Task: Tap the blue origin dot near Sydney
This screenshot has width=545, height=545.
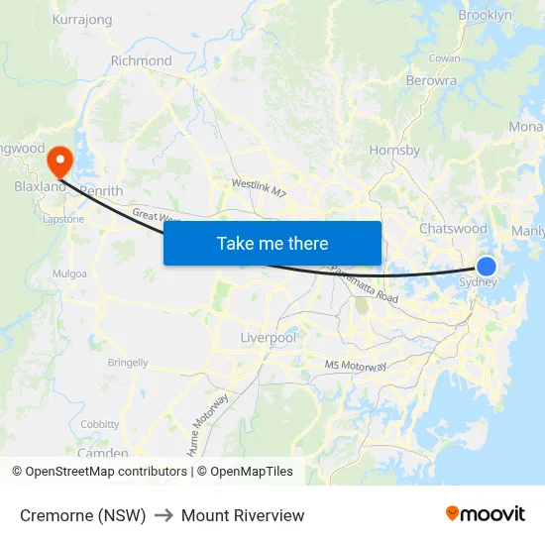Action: (487, 266)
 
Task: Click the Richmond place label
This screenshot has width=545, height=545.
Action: (141, 60)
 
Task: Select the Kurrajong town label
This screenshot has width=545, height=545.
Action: (81, 19)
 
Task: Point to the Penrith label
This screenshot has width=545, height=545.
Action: (101, 190)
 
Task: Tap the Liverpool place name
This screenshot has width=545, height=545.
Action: (268, 338)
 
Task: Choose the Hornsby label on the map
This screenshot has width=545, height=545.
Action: (394, 151)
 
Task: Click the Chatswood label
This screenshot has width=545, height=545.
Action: (453, 229)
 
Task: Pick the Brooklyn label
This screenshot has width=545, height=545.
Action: (485, 15)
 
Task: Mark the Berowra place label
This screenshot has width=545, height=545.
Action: (430, 80)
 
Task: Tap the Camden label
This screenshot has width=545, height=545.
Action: (102, 453)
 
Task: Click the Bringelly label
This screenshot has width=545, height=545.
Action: (128, 363)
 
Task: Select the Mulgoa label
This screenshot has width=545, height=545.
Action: (70, 273)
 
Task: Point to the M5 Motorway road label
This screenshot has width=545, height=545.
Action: (355, 366)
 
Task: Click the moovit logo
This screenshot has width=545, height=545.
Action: (485, 514)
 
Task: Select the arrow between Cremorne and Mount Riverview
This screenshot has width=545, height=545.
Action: (163, 515)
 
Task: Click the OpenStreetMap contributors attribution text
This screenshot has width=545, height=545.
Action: (106, 472)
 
